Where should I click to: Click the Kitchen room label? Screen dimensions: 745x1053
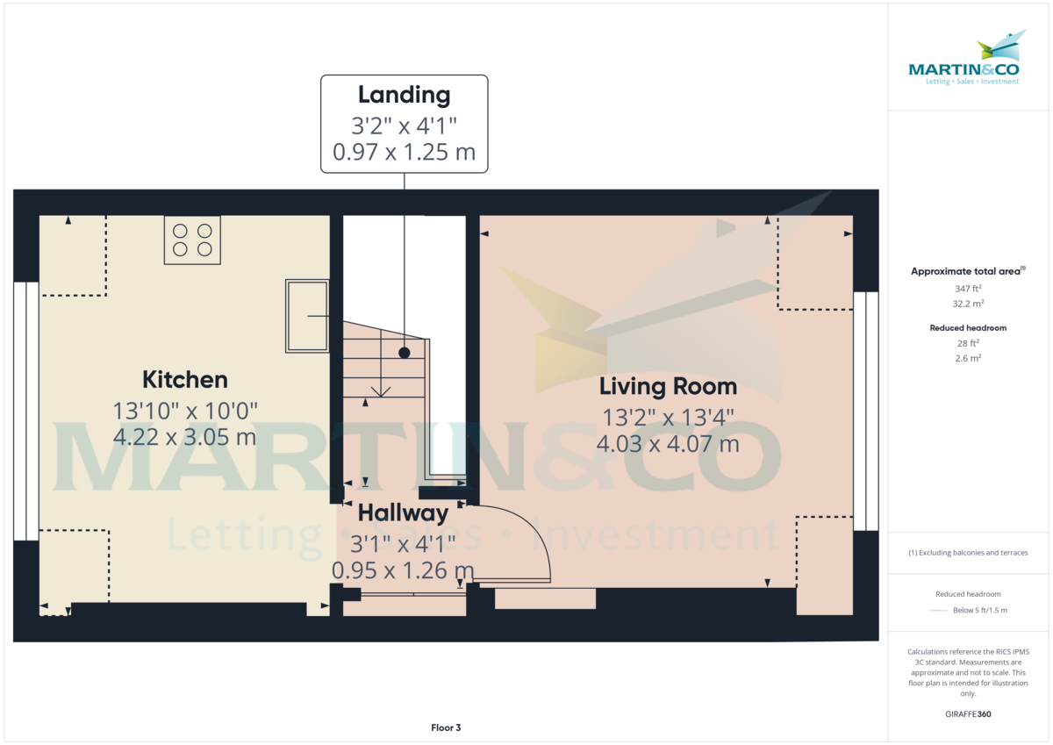point(185,380)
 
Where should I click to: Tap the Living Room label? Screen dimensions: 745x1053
point(668,386)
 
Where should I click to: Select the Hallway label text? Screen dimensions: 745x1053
point(403,513)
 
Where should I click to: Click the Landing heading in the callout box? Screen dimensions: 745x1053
point(404,95)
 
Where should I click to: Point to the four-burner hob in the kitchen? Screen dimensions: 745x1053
point(192,240)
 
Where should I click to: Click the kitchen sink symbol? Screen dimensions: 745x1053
point(306,316)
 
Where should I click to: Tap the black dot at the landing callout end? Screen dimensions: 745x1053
point(404,353)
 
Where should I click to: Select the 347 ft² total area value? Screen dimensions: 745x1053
point(968,288)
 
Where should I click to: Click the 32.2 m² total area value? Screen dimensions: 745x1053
point(968,303)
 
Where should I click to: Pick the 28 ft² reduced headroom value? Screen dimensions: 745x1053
point(968,343)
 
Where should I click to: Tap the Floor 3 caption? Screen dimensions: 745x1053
point(446,727)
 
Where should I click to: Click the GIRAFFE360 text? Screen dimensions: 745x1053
point(968,714)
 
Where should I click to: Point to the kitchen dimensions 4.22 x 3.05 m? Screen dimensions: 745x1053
point(185,436)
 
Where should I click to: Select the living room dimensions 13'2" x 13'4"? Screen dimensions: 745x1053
point(668,417)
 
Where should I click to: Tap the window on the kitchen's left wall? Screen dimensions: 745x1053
point(26,411)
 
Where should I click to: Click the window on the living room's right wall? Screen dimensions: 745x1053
point(866,411)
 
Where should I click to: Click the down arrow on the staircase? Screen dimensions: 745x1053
point(381,390)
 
